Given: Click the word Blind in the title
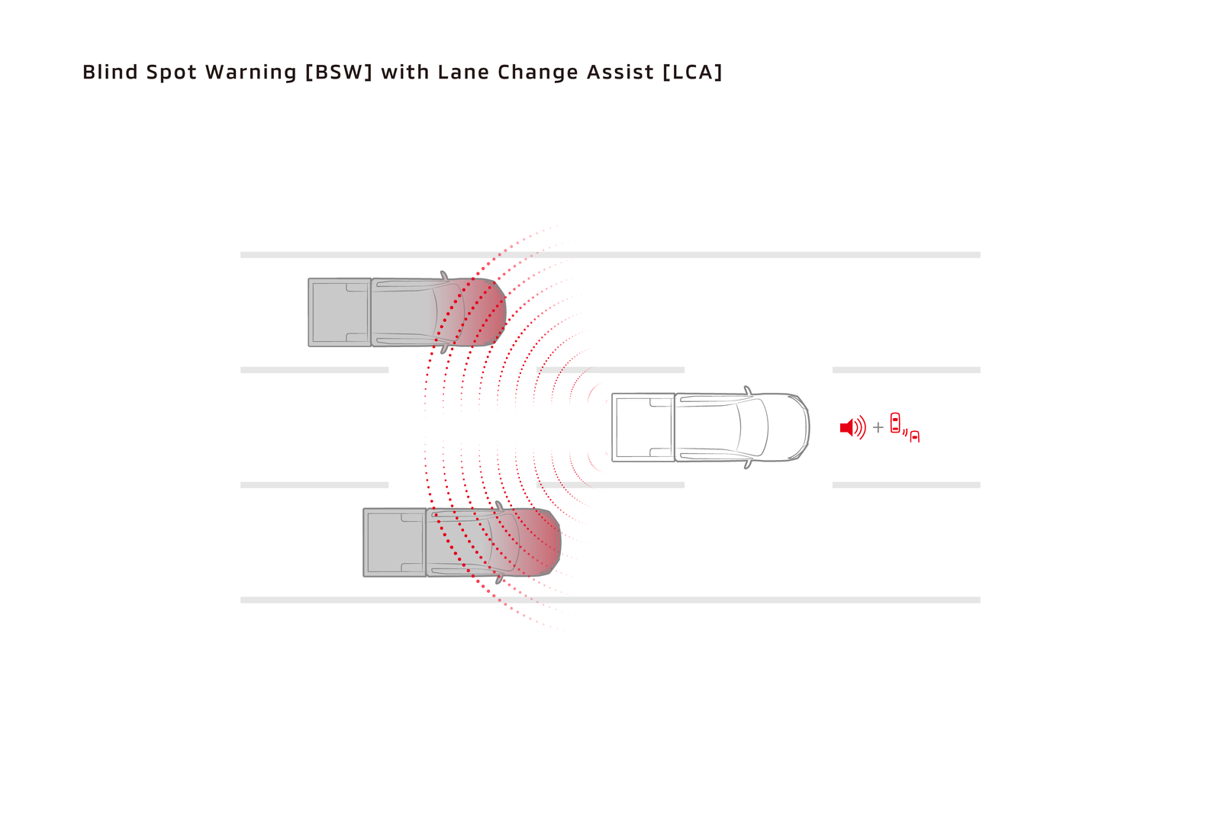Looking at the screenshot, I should [x=110, y=72].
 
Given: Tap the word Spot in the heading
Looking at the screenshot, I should [x=172, y=72].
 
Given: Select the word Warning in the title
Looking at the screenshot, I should [x=250, y=72].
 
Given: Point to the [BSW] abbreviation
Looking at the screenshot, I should [x=338, y=72].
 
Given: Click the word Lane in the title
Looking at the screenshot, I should [x=463, y=72].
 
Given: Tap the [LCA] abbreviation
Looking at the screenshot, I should [x=692, y=72].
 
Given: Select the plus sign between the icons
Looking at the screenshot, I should [x=878, y=428].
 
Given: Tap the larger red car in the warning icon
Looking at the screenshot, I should [x=895, y=423].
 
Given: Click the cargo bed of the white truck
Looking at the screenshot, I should [x=643, y=427].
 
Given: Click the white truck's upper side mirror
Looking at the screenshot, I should [x=749, y=391].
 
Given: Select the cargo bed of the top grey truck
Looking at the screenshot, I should [x=340, y=312].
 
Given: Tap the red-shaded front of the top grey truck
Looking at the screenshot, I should [x=485, y=312].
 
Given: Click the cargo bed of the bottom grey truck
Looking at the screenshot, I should [x=395, y=542].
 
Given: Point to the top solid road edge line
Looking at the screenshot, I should [x=610, y=255].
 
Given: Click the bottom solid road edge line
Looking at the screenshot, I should [x=610, y=600].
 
